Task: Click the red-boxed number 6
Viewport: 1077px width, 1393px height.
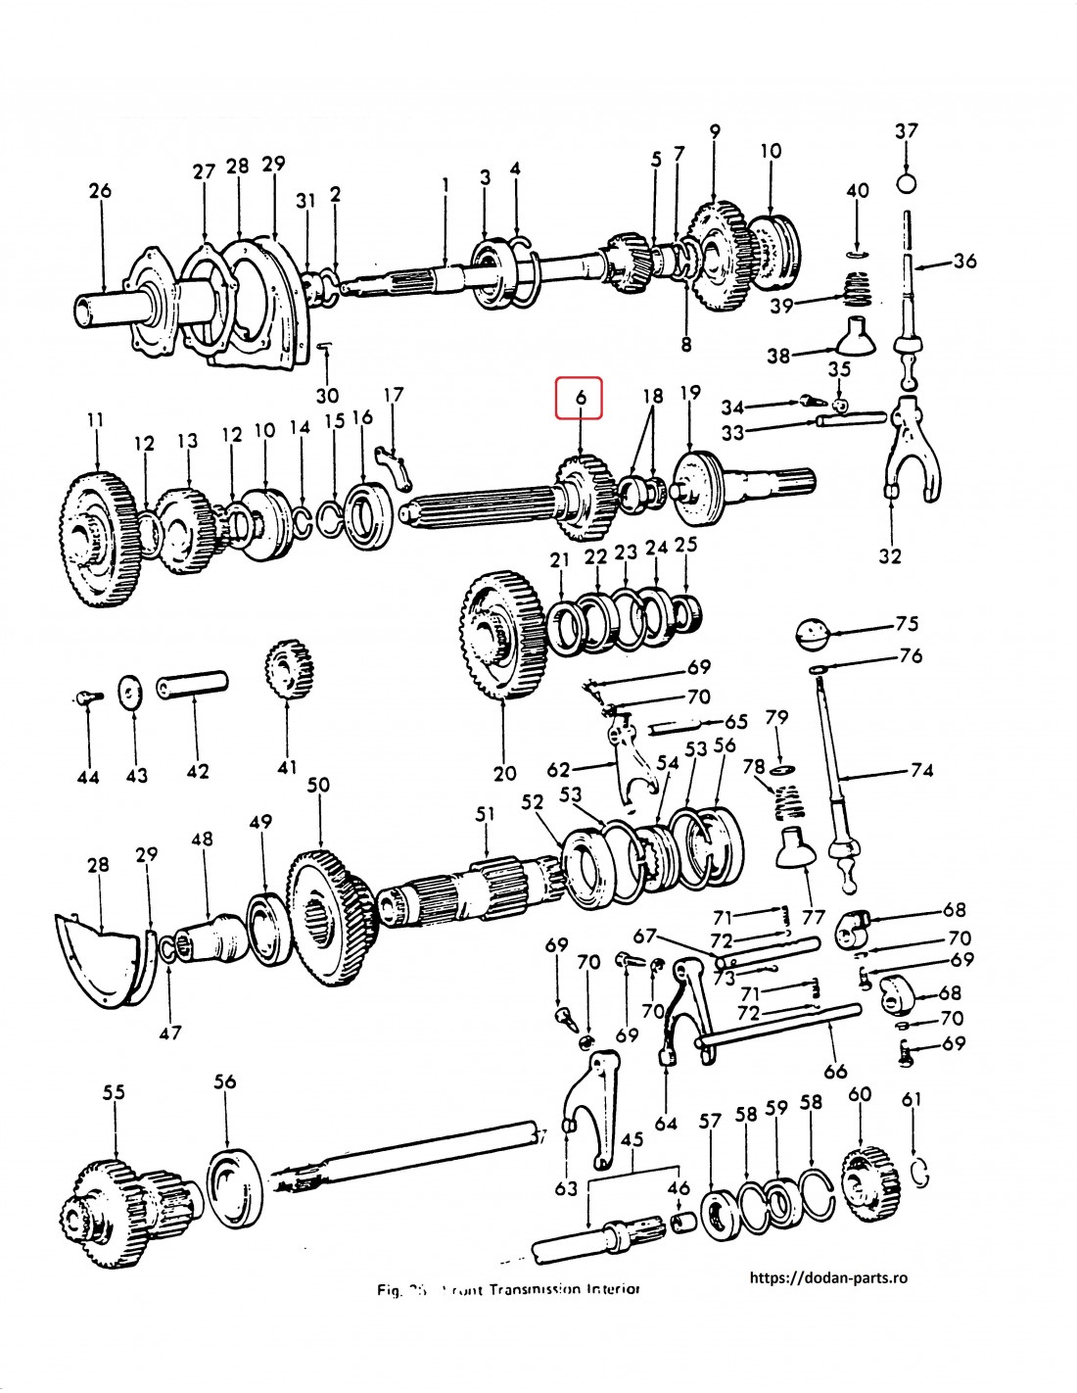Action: tap(580, 399)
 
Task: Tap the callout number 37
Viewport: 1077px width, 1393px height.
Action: tap(907, 130)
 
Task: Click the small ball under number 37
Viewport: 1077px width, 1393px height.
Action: tap(907, 183)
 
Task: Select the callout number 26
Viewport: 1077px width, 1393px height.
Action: tap(100, 190)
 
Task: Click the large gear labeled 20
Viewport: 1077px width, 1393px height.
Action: tap(502, 637)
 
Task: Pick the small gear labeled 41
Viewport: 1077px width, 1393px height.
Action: tap(288, 670)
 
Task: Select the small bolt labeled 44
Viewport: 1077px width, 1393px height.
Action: tap(87, 697)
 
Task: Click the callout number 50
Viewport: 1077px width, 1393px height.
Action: tap(318, 785)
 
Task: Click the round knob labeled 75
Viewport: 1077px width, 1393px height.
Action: tap(814, 632)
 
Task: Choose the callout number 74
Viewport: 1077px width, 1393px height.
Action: tap(921, 770)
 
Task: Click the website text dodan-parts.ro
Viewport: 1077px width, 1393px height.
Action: tap(828, 1277)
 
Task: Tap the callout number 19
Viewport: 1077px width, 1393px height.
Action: tap(689, 393)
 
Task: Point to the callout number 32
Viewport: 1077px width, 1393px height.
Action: tap(889, 555)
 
